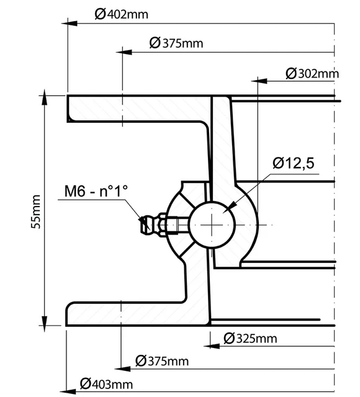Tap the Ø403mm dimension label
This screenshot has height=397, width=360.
(x=106, y=384)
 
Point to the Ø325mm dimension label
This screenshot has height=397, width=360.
(x=249, y=338)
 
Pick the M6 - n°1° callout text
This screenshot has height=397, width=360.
(x=96, y=192)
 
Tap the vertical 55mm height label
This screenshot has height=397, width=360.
(x=35, y=211)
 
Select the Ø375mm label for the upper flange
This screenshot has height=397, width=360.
(x=176, y=43)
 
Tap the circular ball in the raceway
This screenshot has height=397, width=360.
(x=212, y=224)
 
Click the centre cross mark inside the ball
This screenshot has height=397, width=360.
(x=212, y=224)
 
